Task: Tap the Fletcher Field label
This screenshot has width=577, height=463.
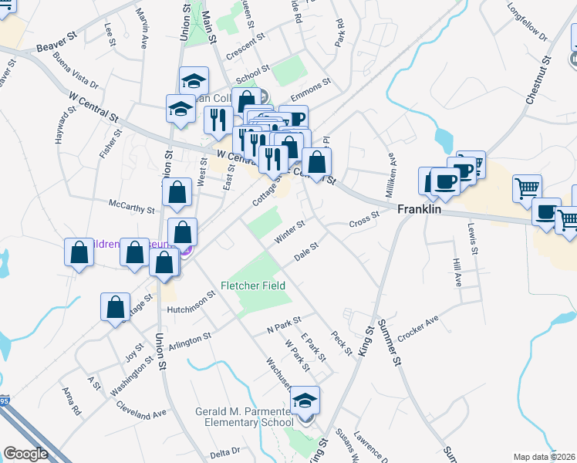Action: [255, 286]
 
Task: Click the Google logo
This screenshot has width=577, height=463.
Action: [25, 454]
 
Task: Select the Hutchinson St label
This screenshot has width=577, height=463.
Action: [191, 302]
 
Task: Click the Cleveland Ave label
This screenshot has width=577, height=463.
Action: [141, 409]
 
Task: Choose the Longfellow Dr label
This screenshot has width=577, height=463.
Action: [527, 25]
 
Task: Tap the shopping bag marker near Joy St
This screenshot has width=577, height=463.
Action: [115, 307]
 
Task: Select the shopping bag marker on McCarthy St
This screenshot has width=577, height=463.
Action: [177, 194]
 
